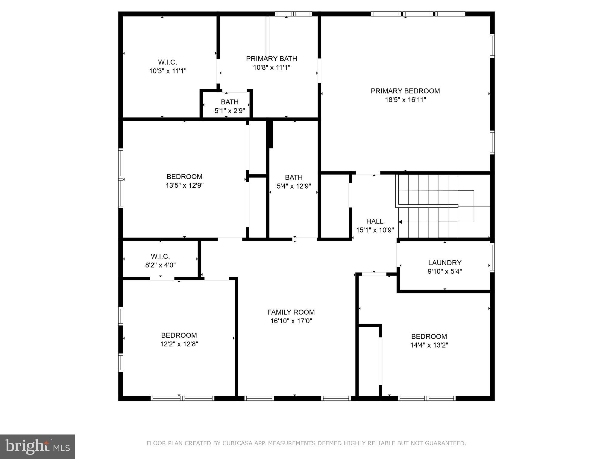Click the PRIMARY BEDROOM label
(405, 91)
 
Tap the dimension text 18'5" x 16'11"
(405, 100)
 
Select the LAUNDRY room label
(444, 263)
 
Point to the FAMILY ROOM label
(291, 312)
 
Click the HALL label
(375, 221)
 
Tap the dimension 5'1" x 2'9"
(230, 111)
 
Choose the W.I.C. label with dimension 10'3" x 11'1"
(168, 62)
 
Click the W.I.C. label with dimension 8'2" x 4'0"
(160, 256)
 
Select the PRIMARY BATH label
(271, 59)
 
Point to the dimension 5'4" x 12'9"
(294, 186)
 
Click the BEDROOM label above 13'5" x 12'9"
(184, 177)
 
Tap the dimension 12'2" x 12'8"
(179, 344)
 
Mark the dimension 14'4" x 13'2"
(429, 345)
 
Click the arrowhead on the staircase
(400, 222)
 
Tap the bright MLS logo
(37, 446)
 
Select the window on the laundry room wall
(492, 258)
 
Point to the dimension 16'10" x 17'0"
(291, 321)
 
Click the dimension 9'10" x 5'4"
(444, 272)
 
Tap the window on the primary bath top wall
(293, 14)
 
